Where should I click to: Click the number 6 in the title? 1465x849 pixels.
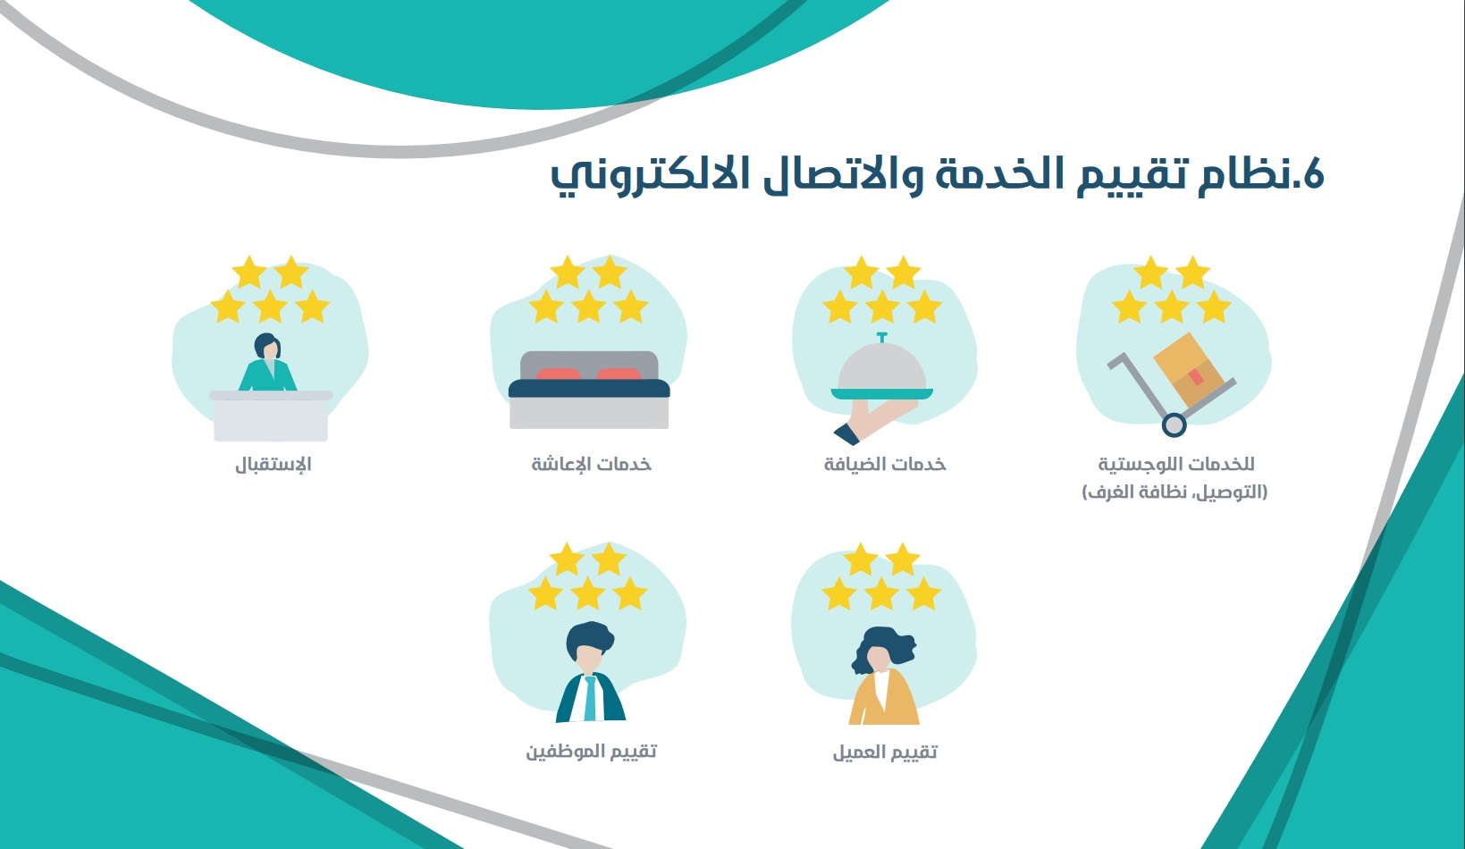click(x=1312, y=175)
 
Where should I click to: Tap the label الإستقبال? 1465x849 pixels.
click(x=274, y=465)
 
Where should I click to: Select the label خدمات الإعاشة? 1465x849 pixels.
click(x=591, y=464)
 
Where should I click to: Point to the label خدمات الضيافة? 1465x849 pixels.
click(x=885, y=464)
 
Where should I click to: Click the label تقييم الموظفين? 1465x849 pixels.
click(x=591, y=751)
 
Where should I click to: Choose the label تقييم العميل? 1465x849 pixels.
click(x=885, y=752)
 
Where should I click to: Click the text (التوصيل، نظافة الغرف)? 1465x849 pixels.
click(x=1175, y=492)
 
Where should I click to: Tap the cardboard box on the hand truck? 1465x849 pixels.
click(x=1188, y=369)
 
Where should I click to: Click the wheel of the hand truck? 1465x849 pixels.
click(x=1174, y=424)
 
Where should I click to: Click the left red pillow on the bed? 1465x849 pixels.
click(x=558, y=374)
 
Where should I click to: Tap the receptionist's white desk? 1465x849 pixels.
click(x=271, y=416)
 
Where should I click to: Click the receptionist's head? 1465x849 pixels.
click(x=267, y=346)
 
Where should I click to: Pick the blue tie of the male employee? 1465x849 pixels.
click(x=590, y=699)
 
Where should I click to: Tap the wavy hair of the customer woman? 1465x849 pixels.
click(x=883, y=648)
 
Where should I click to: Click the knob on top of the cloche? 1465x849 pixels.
click(x=882, y=337)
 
